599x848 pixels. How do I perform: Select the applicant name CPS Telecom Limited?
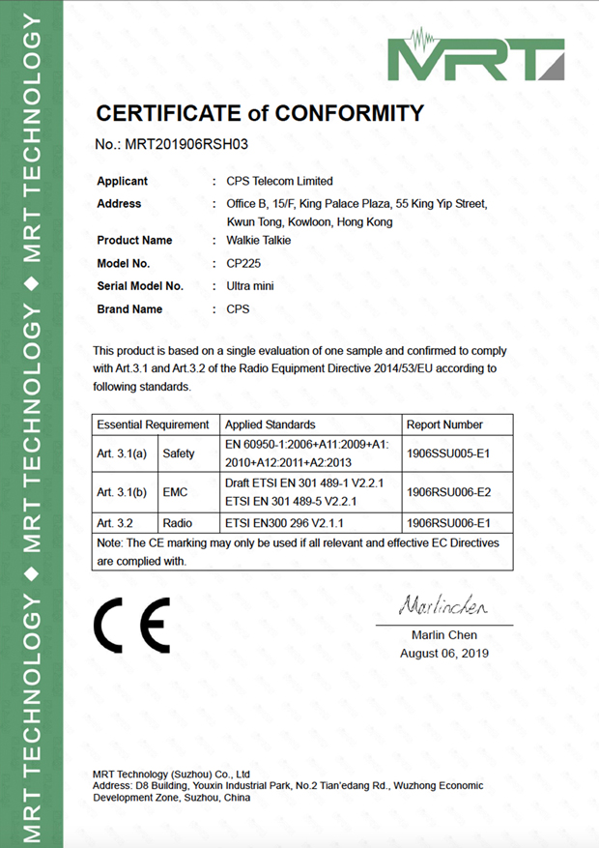tap(279, 181)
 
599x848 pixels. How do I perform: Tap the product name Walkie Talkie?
tap(258, 240)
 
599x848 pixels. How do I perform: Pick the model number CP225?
tap(242, 263)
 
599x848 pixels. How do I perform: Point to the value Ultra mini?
tap(250, 286)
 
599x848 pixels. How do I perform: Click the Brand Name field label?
tap(129, 309)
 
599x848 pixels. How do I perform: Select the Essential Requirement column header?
tap(153, 424)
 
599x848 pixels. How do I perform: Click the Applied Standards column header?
tap(270, 424)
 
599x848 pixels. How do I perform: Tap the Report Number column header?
tap(445, 424)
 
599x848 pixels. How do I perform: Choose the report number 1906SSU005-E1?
tap(449, 453)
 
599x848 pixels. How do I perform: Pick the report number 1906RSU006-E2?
tap(449, 492)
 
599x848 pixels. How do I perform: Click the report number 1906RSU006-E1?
tap(449, 523)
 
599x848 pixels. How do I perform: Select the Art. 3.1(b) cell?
tap(122, 492)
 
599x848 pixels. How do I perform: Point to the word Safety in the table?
tap(179, 453)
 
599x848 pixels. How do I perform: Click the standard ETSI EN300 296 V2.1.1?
tap(283, 523)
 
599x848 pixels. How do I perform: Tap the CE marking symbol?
tap(132, 625)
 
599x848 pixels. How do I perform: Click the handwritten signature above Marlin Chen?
tap(442, 607)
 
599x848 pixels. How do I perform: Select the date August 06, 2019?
tap(444, 653)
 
